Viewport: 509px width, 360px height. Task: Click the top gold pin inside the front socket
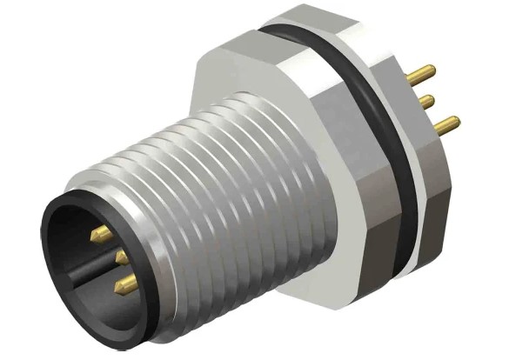(103, 232)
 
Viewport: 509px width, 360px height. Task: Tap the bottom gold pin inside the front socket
(125, 282)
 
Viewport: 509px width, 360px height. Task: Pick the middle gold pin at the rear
(427, 103)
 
